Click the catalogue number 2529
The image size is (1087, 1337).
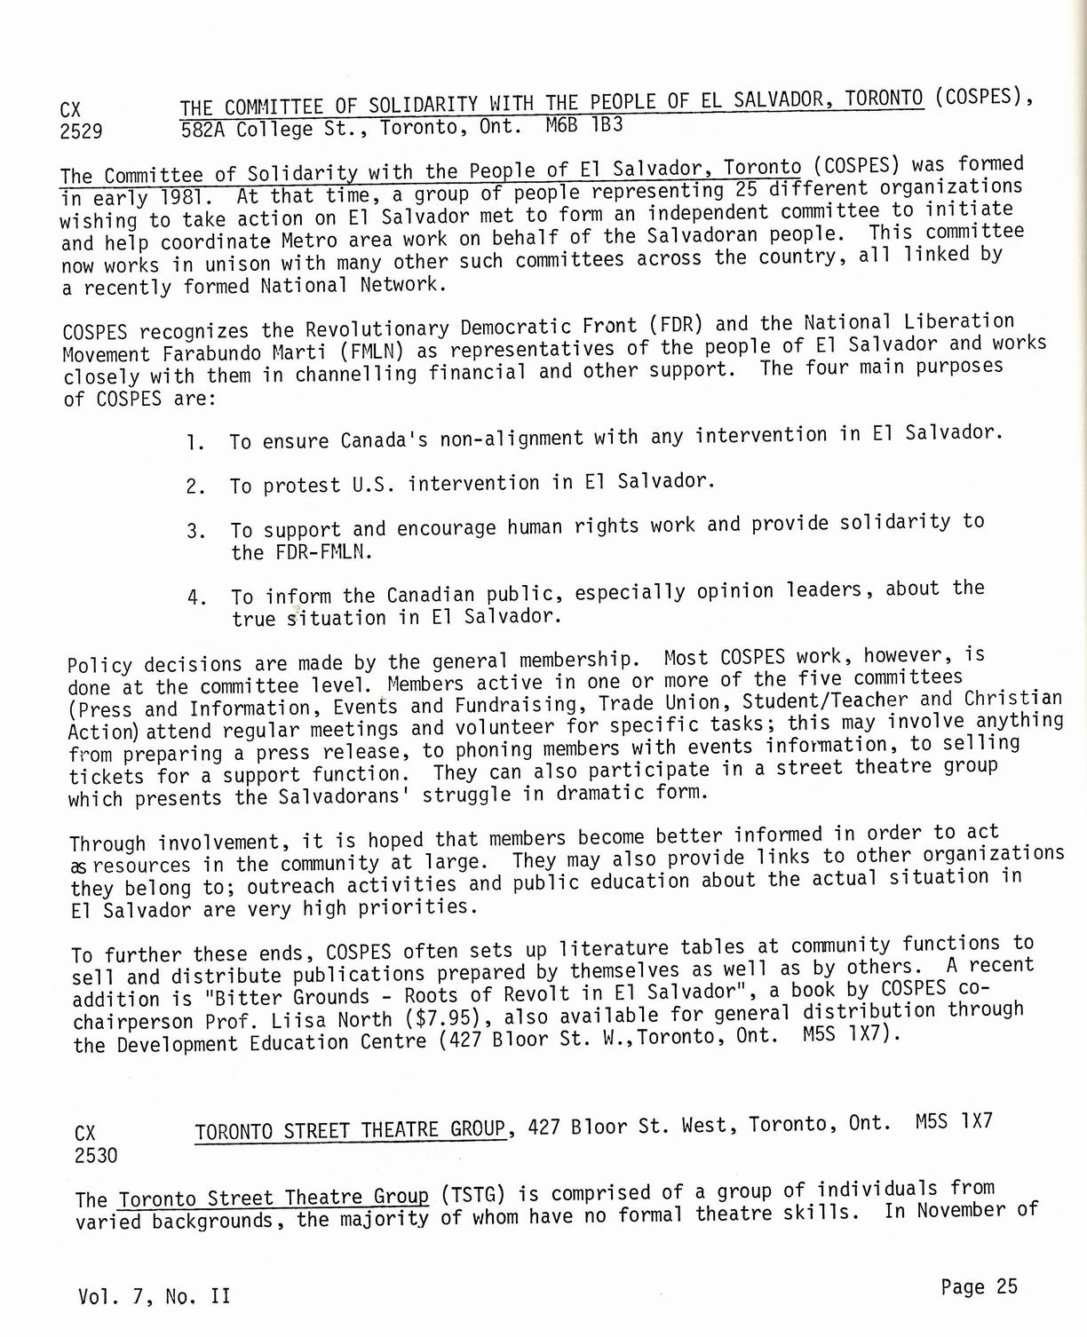coord(82,132)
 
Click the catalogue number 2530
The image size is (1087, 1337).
coord(97,1155)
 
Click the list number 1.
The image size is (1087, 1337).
coord(194,441)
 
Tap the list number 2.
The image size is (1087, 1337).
coord(195,487)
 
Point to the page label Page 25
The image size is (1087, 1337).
coord(979,1287)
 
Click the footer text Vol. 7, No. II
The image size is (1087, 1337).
coord(154,1296)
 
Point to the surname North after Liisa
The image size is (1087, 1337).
coord(365,1020)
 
